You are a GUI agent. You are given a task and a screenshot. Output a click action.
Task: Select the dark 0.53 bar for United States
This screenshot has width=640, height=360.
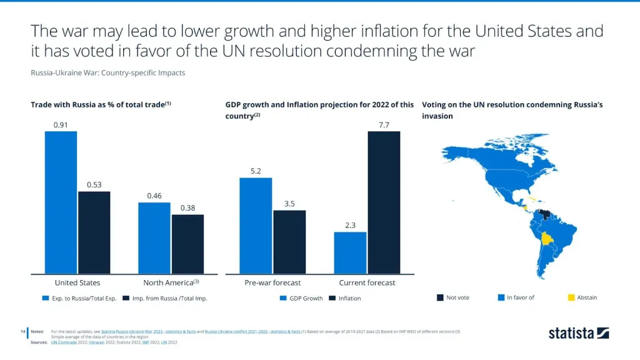94,232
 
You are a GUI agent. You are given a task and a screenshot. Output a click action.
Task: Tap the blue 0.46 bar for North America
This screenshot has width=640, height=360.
154,237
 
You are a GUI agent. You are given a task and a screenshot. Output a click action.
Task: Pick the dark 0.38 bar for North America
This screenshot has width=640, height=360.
187,244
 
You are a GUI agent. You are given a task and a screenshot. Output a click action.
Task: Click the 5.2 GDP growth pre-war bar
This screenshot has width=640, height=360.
256,226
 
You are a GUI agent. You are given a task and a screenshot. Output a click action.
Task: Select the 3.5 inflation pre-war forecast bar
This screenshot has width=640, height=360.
289,242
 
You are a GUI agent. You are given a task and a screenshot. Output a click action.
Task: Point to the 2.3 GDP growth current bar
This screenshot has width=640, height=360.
350,252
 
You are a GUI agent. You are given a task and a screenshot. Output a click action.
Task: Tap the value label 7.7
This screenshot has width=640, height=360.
384,125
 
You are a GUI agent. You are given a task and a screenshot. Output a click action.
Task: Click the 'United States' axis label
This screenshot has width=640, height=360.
77,283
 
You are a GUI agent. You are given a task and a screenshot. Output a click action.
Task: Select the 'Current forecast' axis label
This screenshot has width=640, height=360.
367,283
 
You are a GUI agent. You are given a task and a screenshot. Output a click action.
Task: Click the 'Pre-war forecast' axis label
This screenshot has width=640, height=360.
272,283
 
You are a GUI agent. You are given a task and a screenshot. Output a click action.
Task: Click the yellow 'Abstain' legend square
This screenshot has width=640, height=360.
571,297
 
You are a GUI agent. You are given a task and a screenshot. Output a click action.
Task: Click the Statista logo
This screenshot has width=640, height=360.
579,333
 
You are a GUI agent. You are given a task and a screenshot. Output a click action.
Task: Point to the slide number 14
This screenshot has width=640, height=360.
22,331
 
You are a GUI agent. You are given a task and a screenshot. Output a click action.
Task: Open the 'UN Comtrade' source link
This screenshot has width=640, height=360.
63,342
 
